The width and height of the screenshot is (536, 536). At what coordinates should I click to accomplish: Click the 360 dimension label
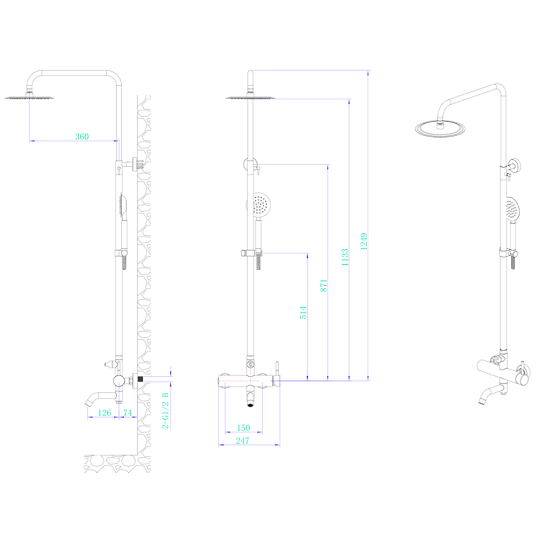(82, 137)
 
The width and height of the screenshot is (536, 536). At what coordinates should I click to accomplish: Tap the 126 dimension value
(105, 413)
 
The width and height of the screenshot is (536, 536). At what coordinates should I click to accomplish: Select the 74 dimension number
(128, 413)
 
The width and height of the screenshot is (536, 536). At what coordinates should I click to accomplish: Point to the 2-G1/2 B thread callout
(166, 410)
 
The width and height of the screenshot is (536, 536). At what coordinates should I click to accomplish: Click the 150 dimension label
(243, 428)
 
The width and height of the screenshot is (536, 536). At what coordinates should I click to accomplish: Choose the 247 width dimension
(242, 441)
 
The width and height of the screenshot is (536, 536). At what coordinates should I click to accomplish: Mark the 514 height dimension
(303, 312)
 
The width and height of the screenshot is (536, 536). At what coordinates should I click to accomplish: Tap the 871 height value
(324, 286)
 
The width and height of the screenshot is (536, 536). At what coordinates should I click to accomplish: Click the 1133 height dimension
(345, 257)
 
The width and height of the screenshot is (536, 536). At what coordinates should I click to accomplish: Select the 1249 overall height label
(364, 241)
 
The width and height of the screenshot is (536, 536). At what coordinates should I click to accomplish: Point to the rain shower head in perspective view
(440, 129)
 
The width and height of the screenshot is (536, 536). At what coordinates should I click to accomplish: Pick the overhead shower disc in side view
(29, 98)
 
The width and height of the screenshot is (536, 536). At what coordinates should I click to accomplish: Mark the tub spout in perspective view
(492, 393)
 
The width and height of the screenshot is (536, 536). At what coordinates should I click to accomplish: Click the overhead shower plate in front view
(250, 98)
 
